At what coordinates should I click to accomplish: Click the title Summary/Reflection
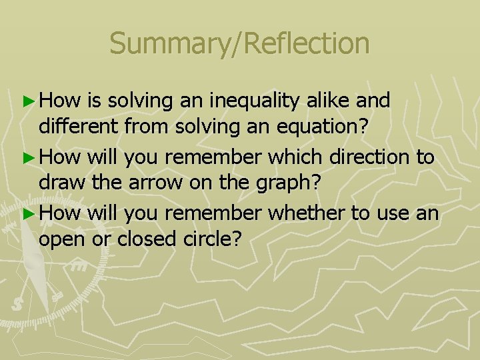pos(239,43)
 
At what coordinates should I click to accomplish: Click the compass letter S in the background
pos(18,304)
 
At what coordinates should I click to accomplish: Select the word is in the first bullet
pos(94,101)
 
